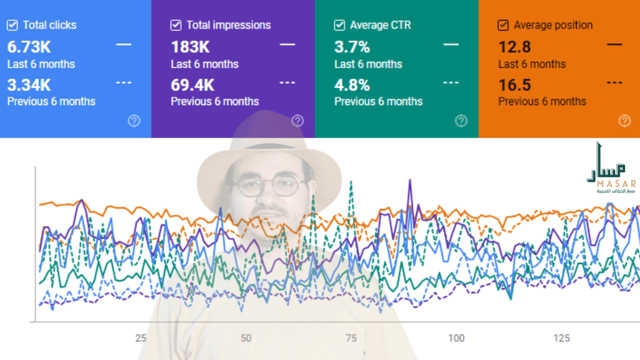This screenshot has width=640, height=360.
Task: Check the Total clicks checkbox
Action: tap(12, 26)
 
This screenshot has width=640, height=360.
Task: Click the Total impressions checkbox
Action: tap(176, 26)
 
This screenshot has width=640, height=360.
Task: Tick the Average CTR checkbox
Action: tap(339, 26)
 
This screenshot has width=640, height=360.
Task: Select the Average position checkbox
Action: tap(503, 26)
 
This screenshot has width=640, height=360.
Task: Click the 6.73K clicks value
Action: tap(29, 47)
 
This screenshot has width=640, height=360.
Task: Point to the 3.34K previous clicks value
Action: tap(29, 85)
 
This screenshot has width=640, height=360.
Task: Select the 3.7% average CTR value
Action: tap(352, 47)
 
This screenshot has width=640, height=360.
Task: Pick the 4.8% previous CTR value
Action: tap(352, 85)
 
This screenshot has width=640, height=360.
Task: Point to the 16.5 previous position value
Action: tap(514, 85)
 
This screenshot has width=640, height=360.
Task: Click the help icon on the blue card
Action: tap(134, 121)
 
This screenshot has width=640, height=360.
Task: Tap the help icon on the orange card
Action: tap(624, 121)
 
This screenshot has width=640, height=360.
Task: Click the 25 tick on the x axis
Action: tap(141, 338)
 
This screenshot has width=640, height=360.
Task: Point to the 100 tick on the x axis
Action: tap(456, 338)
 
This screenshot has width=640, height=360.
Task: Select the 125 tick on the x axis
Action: tap(561, 338)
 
